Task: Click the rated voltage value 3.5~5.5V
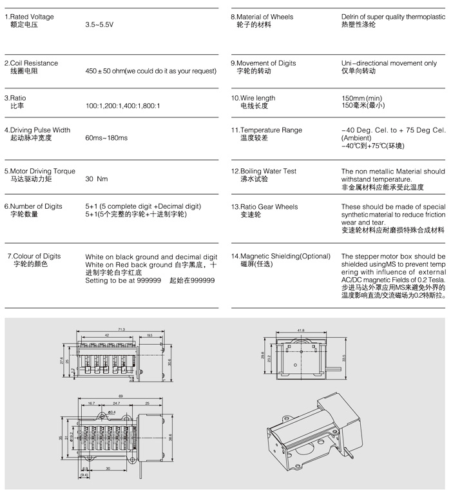pos(100,24)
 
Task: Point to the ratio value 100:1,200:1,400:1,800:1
pos(122,105)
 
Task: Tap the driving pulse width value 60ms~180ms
pos(106,138)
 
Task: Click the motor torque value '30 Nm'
pos(97,179)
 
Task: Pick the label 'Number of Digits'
pos(37,206)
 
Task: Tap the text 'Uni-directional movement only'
pos(389,63)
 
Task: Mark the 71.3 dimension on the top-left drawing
pos(122,312)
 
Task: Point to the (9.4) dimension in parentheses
pos(84,474)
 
